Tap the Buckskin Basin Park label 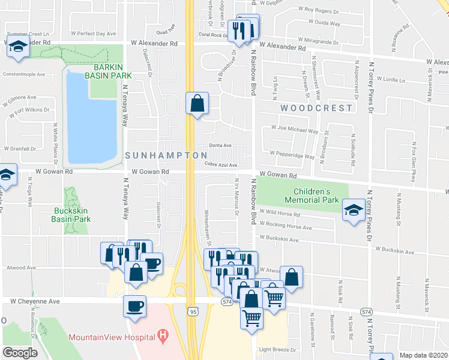72,215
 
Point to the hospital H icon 161,337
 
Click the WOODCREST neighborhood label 316,108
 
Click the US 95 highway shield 192,312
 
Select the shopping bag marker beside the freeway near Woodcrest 196,104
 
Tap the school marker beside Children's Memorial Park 352,210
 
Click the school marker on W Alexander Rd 18,46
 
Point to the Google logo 20,353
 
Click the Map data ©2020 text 423,355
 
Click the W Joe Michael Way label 294,128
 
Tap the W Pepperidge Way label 292,155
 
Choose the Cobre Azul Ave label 221,165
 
